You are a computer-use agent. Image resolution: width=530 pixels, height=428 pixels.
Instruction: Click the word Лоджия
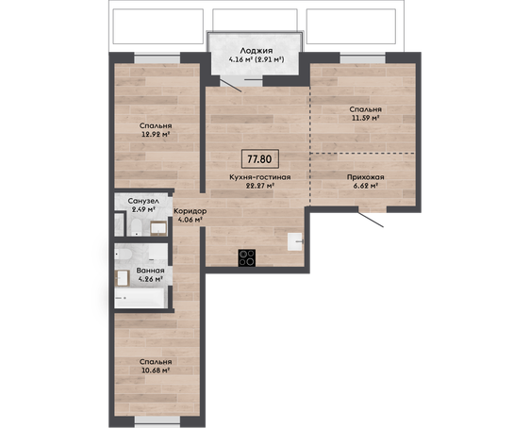pos(257,51)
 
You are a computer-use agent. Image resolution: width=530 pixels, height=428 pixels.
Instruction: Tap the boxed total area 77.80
pos(260,158)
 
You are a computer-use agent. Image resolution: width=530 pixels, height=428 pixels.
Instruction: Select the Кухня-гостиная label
pos(260,177)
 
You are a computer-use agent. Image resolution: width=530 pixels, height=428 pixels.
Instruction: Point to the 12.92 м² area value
pos(156,134)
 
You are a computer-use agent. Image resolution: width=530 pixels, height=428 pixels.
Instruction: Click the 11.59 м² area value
pos(365,118)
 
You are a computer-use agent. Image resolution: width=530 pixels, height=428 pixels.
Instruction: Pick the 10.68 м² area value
pos(156,370)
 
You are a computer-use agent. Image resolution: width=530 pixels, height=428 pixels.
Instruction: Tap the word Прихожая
pos(365,177)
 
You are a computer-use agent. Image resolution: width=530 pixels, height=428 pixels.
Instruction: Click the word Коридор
pos(190,211)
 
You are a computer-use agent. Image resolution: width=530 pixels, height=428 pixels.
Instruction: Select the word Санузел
pos(143,201)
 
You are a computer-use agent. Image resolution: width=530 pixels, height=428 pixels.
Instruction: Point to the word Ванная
pos(150,271)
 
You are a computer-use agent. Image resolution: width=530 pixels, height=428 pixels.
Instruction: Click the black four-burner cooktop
pos(247,258)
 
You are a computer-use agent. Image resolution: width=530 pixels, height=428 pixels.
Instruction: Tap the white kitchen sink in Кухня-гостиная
pos(295,242)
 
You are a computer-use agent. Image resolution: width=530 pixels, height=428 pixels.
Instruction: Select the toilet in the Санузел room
pos(136,227)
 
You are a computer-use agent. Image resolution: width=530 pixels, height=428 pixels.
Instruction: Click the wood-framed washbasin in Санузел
pos(158,228)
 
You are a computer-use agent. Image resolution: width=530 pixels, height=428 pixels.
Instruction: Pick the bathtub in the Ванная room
pos(141,298)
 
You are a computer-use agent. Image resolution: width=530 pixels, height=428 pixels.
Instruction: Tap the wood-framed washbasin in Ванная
pos(122,278)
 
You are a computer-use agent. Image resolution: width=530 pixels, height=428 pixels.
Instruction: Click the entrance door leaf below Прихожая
pos(371,220)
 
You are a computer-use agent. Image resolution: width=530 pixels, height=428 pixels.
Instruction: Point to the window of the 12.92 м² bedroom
pos(157,58)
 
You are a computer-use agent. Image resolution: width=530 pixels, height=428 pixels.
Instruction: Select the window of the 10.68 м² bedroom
pos(157,420)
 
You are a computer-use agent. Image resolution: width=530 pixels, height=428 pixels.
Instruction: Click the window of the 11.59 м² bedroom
pos(363,58)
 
